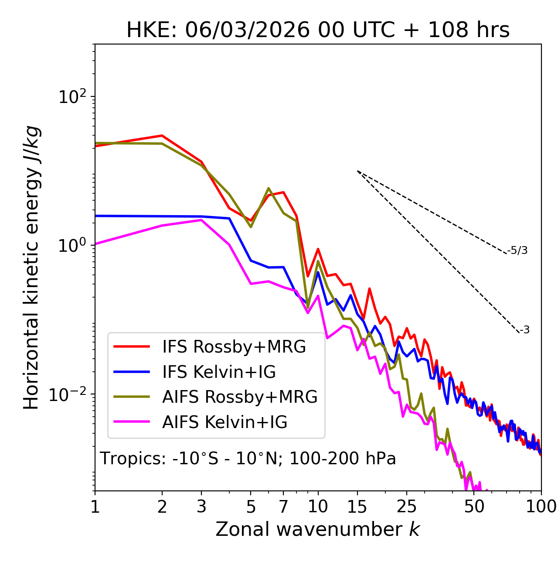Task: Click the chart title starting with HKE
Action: [x=318, y=31]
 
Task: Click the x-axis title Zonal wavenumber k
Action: [x=317, y=529]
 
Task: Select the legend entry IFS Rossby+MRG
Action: [x=234, y=346]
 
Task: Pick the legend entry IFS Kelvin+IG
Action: [x=219, y=372]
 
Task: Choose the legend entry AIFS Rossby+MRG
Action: [x=240, y=397]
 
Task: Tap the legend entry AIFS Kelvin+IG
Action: [x=225, y=422]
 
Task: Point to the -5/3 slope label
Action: [x=517, y=250]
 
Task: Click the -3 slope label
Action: [x=524, y=330]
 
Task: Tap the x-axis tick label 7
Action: [x=283, y=507]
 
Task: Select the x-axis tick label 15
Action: [x=357, y=507]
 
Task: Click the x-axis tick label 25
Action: [x=407, y=507]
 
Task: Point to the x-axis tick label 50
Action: [x=474, y=507]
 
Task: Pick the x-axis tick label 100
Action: [x=541, y=507]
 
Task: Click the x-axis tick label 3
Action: [x=201, y=507]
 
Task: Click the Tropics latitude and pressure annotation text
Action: [x=248, y=459]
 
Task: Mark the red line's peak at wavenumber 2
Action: [x=162, y=136]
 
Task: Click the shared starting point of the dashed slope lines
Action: [x=357, y=171]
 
